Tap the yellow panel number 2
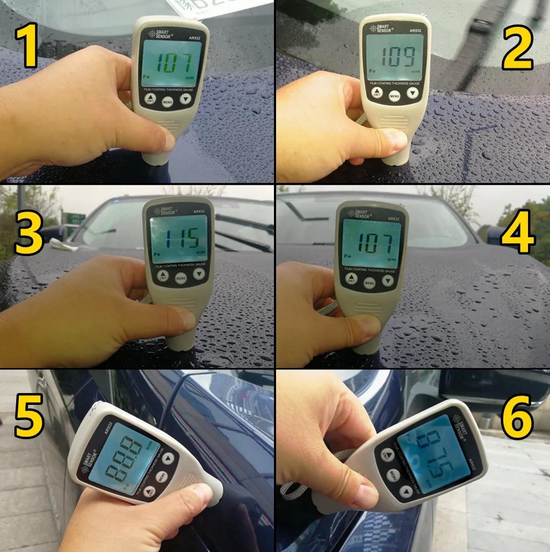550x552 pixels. click(x=517, y=48)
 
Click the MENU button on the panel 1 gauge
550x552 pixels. click(x=168, y=101)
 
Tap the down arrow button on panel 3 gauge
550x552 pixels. click(x=199, y=274)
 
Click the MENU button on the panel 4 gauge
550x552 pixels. click(x=369, y=282)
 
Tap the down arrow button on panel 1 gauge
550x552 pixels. click(x=186, y=99)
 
